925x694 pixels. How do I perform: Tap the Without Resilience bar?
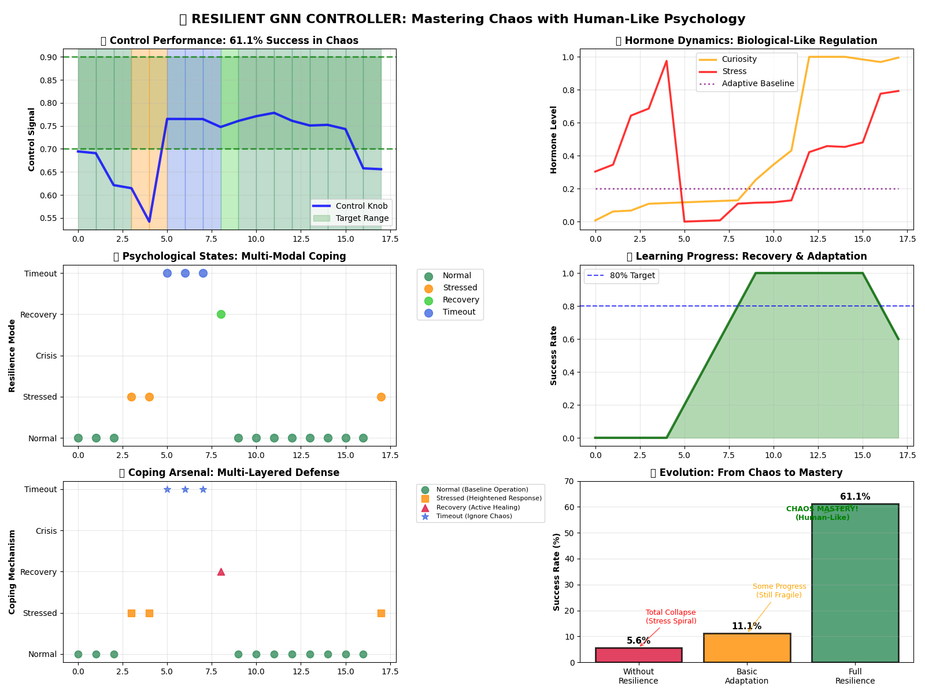638,655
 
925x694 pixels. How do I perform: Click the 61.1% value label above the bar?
855,497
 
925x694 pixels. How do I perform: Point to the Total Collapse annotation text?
671,617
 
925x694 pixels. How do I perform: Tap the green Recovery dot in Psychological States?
221,314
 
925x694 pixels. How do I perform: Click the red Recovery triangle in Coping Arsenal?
221,571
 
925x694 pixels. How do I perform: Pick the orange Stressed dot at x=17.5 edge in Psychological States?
381,397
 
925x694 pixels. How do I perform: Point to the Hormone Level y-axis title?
554,139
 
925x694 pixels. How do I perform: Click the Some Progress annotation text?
779,590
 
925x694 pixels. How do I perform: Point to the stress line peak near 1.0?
666,61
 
